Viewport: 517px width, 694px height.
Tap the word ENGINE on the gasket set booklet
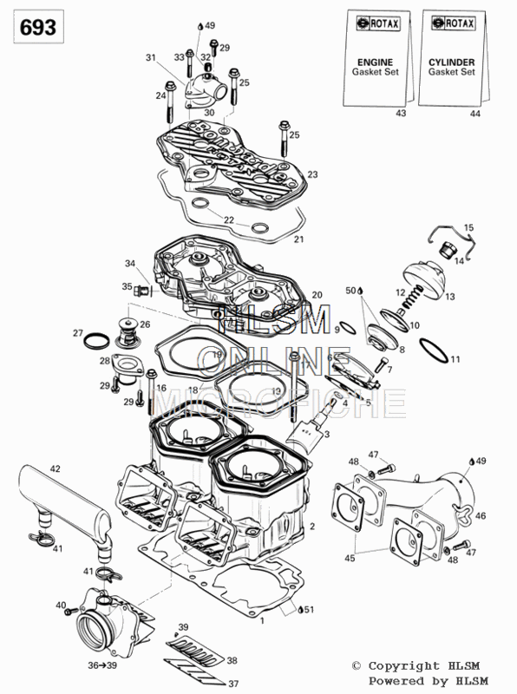tap(376, 62)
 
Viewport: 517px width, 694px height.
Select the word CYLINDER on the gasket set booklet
tap(450, 62)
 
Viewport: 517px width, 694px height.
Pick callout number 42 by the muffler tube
tap(55, 468)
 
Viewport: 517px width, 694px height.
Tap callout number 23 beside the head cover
tap(312, 174)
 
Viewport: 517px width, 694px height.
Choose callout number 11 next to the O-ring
tap(455, 359)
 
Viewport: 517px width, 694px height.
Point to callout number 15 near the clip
tap(469, 227)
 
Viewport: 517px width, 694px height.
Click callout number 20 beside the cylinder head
tap(317, 295)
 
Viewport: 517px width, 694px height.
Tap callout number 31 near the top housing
tap(150, 57)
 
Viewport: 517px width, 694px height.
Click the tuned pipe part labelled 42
tap(65, 503)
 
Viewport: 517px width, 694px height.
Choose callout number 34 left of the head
tap(129, 264)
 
